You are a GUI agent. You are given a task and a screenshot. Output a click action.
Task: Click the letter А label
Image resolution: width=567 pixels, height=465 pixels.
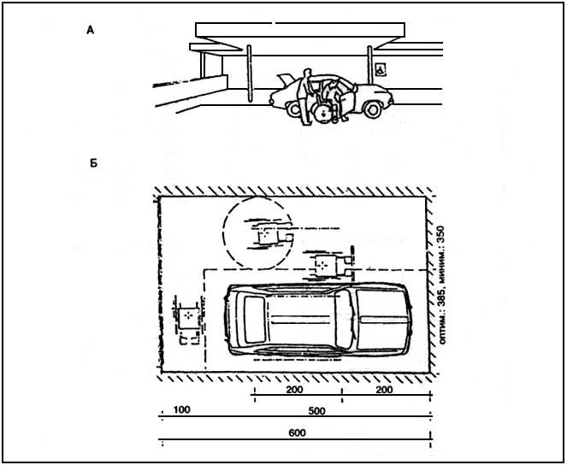(91, 31)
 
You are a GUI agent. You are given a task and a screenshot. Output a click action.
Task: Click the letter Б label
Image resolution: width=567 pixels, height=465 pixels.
(94, 163)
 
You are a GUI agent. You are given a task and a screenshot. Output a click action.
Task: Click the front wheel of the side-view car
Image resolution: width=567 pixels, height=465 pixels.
(373, 109)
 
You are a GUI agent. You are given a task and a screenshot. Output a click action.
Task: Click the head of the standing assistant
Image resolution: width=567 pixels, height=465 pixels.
(307, 73)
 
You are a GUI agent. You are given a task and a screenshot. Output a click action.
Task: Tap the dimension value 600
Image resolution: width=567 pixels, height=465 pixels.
(298, 433)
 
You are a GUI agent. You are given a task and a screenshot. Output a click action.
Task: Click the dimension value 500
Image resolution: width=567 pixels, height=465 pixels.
(316, 411)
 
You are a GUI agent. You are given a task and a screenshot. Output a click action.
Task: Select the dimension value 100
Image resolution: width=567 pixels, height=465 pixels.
(182, 409)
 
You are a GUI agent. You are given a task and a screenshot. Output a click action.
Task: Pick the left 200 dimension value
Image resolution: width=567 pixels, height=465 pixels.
(295, 390)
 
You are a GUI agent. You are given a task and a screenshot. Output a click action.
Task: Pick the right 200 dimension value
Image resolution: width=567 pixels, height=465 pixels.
(384, 390)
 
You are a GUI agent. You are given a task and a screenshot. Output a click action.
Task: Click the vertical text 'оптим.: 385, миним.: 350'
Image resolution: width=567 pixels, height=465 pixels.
(441, 285)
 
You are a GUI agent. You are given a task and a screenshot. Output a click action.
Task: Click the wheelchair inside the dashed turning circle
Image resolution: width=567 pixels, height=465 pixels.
(269, 235)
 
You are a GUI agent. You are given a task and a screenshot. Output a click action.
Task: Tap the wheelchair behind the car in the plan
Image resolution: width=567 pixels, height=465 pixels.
(188, 319)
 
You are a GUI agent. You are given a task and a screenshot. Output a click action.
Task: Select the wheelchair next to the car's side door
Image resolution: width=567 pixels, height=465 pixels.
(328, 265)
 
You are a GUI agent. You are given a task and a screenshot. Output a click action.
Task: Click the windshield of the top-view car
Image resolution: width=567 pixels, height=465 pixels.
(345, 319)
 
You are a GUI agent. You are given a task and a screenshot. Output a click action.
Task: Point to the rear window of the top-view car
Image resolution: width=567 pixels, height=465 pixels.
(256, 320)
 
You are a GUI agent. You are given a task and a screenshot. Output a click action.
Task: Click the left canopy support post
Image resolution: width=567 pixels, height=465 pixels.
(249, 74)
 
